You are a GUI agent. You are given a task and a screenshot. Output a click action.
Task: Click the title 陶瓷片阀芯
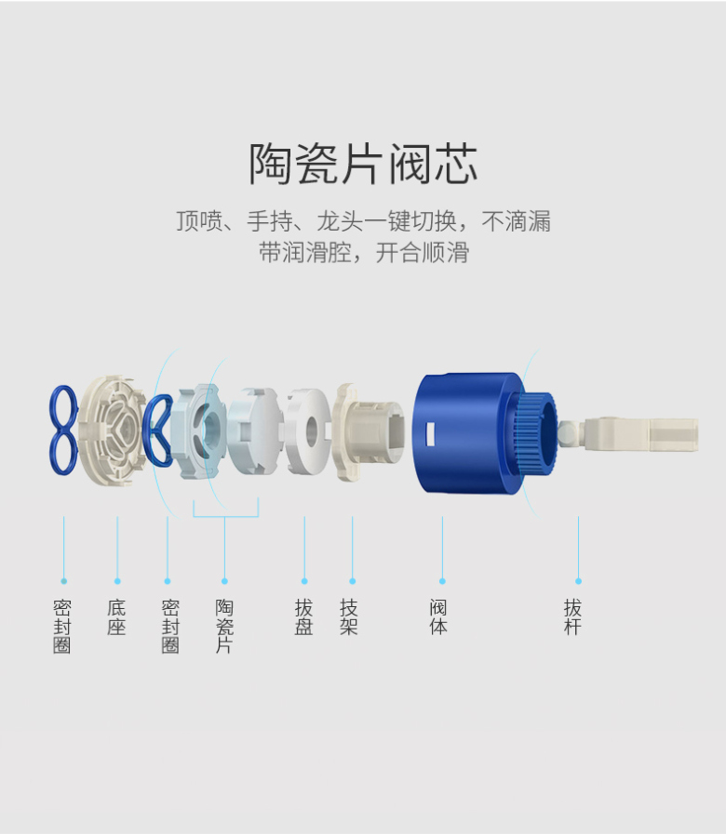pos(363,165)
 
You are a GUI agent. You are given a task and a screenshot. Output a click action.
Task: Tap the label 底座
pos(116,617)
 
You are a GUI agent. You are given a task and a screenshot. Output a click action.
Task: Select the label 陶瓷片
pos(224,626)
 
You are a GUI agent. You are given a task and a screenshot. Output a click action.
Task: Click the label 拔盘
pos(304,617)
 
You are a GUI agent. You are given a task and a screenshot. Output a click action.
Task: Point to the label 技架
pos(349,617)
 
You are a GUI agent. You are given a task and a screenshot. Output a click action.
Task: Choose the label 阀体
pos(439,617)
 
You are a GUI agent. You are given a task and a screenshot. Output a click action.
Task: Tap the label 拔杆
pos(573,617)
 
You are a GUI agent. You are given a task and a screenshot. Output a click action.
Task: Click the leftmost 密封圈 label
pos(62,626)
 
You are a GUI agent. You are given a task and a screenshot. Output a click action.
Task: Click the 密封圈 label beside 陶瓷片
pos(170,626)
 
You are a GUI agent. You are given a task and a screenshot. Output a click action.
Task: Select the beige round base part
pos(113,431)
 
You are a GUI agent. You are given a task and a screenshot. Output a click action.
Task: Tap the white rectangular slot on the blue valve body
pos(431,433)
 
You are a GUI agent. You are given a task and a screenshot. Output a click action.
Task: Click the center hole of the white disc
pos(312,431)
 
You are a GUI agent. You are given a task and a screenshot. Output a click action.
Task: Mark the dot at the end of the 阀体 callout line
pos(442,581)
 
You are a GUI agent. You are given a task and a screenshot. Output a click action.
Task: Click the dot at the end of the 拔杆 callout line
pos(578,581)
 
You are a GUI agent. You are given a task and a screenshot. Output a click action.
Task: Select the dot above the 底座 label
pos(117,581)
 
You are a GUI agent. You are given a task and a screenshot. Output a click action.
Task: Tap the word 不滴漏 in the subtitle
pos(517,221)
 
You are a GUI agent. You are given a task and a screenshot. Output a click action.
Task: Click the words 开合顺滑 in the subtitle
pos(423,253)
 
